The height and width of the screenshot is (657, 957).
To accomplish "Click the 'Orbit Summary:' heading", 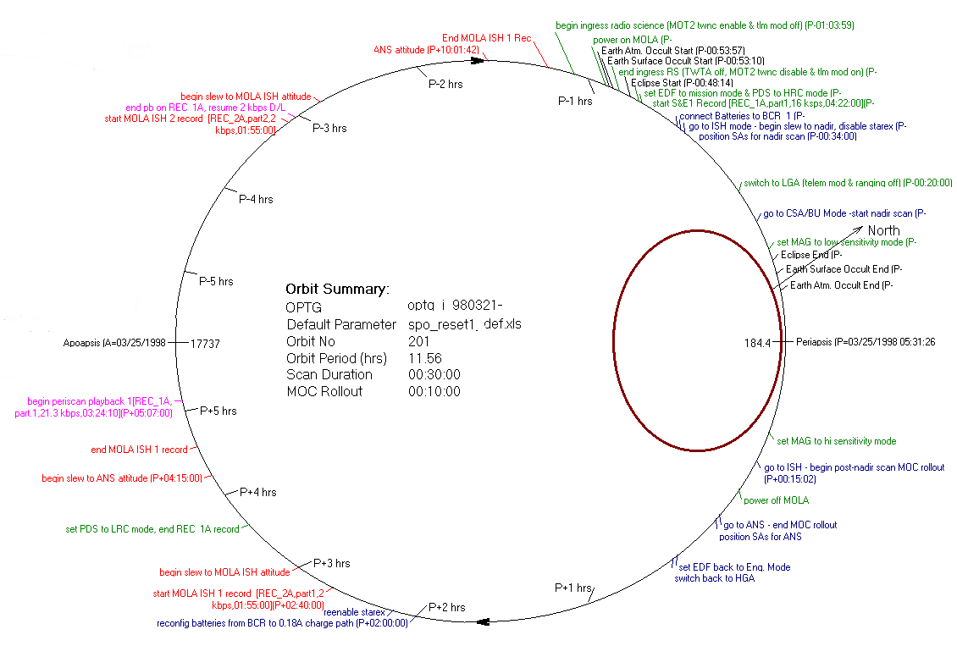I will pos(337,289).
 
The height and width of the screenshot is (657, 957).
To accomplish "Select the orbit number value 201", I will pos(418,341).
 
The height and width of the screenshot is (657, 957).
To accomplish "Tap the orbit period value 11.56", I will pos(424,358).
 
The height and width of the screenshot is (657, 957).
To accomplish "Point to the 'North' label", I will pos(883,230).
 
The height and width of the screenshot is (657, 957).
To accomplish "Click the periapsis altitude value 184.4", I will pos(757,343).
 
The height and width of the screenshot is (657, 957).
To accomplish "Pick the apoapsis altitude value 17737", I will pos(206,343).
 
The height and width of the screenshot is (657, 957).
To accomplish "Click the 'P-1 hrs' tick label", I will pos(574,101).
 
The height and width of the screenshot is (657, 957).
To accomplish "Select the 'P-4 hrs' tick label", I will pos(256,199).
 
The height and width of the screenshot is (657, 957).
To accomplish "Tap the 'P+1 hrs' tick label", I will pos(573,588).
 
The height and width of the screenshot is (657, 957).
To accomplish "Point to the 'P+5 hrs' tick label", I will pos(219,411).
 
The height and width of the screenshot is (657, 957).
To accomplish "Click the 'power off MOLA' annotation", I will pos(776,500).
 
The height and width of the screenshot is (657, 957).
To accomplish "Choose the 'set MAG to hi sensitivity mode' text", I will pos(836,441).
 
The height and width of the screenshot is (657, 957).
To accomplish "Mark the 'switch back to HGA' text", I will pos(714,578).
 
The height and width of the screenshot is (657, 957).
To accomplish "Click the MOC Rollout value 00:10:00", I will pos(434,391).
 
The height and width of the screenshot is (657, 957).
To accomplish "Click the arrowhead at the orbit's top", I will pos(476,61).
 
